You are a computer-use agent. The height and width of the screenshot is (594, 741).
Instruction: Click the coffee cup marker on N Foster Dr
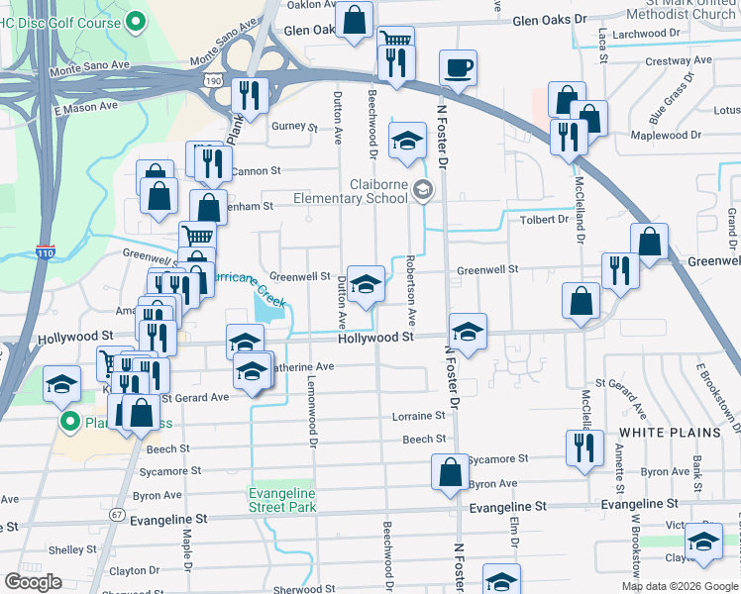click(457, 69)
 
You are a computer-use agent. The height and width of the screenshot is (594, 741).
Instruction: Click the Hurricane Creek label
click(245, 285)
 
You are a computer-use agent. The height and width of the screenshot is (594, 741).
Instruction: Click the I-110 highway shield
click(44, 254)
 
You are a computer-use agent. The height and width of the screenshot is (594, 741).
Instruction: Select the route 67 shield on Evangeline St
click(117, 515)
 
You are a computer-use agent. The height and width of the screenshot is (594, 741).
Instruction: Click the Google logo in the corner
click(33, 582)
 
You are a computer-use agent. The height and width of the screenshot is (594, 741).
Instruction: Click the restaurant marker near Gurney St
click(249, 96)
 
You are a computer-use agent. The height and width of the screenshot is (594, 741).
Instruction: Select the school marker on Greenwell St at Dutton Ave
click(366, 283)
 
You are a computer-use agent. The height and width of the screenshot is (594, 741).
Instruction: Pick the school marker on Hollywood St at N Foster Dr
click(468, 331)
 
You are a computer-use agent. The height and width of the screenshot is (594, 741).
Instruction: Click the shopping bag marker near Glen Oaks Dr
click(353, 19)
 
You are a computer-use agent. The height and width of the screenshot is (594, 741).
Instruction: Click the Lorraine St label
click(419, 417)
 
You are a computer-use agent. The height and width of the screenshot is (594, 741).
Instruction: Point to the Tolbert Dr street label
click(543, 220)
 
